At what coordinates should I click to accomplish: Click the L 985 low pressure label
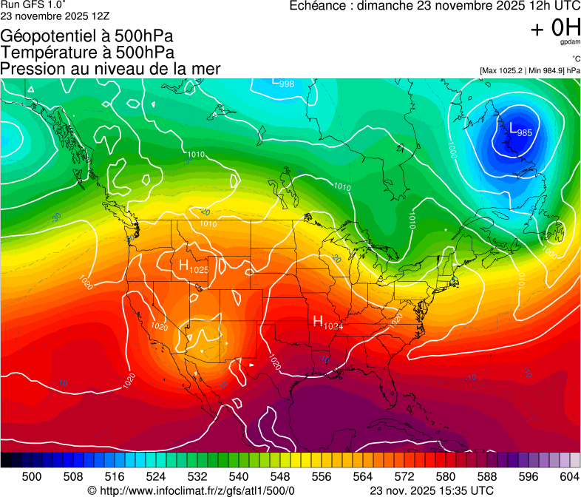(520, 129)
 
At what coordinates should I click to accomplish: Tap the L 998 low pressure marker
(283, 82)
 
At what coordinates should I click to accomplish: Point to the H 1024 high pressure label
(328, 322)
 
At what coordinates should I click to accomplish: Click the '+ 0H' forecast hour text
(555, 29)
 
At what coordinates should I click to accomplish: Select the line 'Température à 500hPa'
(87, 53)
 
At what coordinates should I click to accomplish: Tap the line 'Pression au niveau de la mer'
(110, 69)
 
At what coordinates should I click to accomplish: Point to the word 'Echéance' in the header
(316, 6)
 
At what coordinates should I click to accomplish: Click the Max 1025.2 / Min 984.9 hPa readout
(529, 70)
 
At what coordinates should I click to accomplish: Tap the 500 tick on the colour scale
(32, 477)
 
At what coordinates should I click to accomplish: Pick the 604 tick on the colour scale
(570, 477)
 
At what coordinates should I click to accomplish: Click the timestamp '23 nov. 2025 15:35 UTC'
(432, 490)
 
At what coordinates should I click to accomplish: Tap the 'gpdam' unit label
(570, 44)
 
